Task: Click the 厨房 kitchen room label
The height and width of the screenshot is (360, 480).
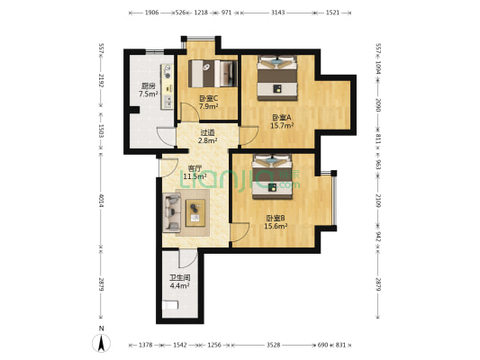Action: pos(148,85)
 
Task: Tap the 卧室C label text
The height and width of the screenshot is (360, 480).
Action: pos(207,98)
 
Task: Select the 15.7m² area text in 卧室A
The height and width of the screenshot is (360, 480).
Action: pos(283,126)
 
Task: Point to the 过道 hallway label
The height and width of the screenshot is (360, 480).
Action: pos(208,131)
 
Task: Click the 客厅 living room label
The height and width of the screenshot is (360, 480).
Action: pos(195,168)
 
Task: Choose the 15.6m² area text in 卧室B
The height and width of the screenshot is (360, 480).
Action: pos(276,226)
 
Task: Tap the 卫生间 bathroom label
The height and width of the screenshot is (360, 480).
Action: pos(180,279)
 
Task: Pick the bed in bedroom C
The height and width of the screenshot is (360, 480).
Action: pos(214,72)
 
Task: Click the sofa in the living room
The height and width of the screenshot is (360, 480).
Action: pos(172,213)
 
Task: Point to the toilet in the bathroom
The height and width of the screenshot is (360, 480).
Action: pos(171,308)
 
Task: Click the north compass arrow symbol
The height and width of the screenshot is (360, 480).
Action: pos(102,342)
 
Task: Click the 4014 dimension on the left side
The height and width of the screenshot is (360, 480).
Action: pos(102,201)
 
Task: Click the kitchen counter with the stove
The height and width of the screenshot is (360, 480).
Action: pos(167,85)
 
